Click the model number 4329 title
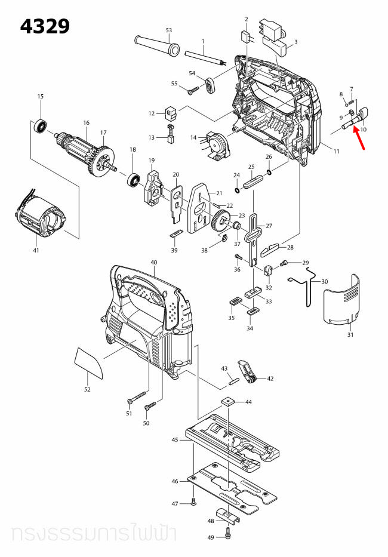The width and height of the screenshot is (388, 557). (45, 26)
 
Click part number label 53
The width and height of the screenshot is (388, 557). (168, 30)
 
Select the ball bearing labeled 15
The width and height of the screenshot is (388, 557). (41, 125)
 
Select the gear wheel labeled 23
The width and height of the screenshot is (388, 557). (220, 220)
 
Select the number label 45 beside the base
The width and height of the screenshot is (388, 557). (175, 439)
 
